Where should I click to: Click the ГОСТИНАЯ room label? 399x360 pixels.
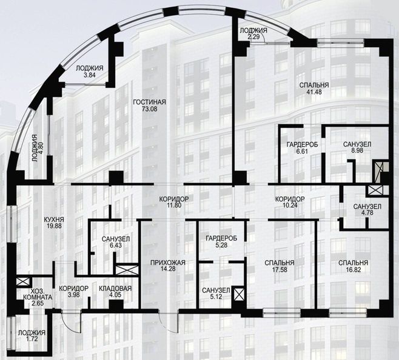pos(149,102)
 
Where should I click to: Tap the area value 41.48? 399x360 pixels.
pos(314,92)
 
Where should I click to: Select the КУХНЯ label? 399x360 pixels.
pos(54,219)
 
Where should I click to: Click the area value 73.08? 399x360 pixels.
pos(149,109)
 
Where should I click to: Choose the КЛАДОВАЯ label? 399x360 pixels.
pos(115,288)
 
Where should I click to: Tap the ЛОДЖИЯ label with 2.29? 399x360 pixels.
pos(253,31)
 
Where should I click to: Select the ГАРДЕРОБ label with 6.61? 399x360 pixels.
pos(303,144)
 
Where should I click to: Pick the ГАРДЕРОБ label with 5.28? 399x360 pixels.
pos(221,238)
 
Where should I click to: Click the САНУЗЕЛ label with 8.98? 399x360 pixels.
pos(357,144)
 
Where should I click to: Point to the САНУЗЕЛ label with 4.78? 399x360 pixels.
pos(367,206)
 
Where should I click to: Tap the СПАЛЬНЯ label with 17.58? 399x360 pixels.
pos(280,263)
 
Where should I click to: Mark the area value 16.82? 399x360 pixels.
pos(353,270)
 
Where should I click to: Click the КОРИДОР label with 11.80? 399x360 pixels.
pos(174,199)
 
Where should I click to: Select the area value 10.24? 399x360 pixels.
pos(290,205)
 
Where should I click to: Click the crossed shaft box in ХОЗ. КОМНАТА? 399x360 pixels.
pos(23,281)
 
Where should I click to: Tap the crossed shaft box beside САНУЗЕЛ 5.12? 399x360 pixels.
pos(239,294)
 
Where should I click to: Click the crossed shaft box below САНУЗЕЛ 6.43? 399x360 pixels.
pos(127,270)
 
